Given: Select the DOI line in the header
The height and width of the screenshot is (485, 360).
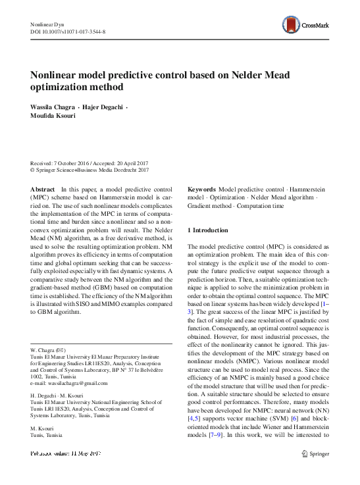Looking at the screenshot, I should tap(68, 32).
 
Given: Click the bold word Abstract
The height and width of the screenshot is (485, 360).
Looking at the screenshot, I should tap(43, 189).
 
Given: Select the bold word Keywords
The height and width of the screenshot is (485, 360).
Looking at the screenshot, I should tap(202, 189).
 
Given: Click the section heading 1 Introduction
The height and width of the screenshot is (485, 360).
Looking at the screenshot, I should tap(208, 230).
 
